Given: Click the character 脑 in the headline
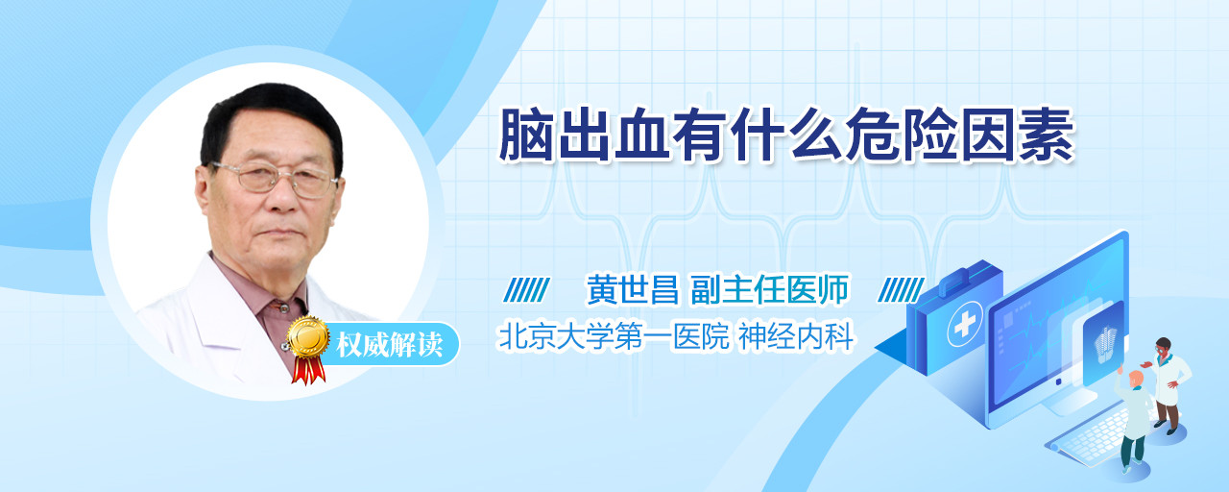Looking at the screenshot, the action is tap(526, 135).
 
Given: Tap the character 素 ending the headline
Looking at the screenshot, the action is tap(1047, 135).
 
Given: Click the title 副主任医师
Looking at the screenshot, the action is tap(770, 289).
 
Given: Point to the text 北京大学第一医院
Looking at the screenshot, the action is tap(614, 336).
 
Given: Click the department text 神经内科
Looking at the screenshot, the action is tap(796, 336).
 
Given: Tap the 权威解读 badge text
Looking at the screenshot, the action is tap(390, 345).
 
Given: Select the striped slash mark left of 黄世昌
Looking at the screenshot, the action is tap(526, 290).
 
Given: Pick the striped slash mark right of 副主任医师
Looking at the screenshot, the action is tap(901, 290).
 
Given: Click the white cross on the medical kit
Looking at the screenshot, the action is tap(964, 325).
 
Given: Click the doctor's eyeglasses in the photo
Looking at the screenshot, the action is tap(277, 179).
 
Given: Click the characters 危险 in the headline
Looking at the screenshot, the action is tap(902, 135).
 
